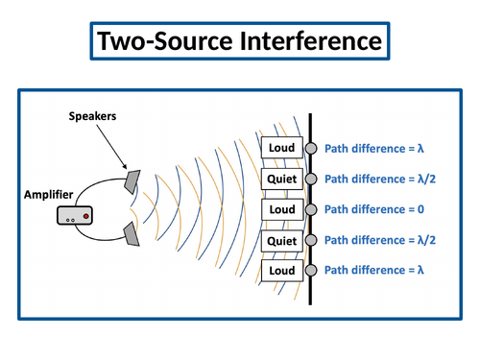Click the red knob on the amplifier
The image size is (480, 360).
86,218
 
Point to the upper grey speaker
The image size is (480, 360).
132,180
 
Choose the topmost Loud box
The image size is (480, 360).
283,148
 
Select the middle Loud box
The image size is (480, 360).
283,209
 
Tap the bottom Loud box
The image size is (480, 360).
283,271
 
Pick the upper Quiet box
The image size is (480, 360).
283,179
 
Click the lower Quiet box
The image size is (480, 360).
283,240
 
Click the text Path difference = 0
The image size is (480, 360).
374,209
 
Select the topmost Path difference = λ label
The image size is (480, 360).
374,148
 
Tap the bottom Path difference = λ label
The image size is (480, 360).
374,271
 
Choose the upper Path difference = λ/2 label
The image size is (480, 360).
380,179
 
